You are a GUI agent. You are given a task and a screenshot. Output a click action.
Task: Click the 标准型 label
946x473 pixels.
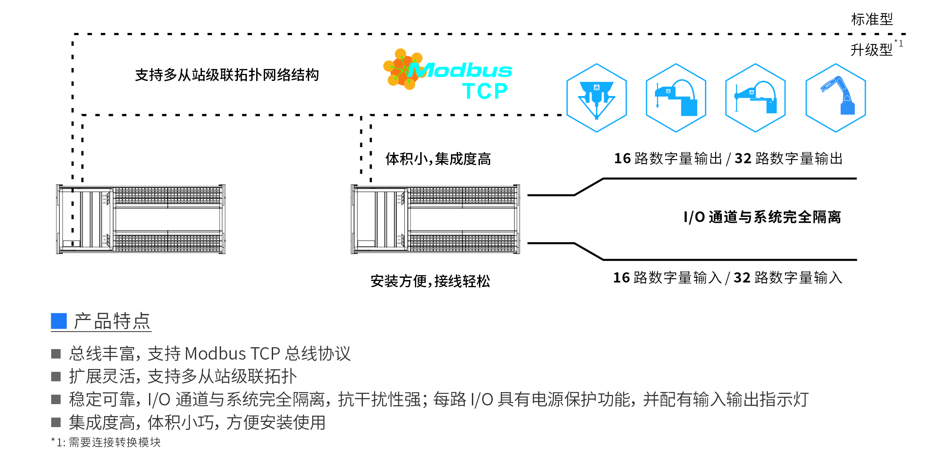tap(871, 20)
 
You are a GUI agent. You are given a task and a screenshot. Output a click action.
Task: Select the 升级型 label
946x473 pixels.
tap(871, 50)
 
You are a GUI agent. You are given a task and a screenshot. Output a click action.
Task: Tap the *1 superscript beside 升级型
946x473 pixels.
tap(899, 44)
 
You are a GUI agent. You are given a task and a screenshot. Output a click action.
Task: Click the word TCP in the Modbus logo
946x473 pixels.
tap(485, 92)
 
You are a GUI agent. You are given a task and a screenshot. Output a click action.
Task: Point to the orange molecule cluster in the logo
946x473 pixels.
tap(402, 69)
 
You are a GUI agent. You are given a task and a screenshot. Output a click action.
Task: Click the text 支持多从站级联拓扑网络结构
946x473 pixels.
tap(227, 75)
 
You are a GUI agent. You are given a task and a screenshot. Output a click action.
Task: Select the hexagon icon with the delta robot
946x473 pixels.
tap(596, 98)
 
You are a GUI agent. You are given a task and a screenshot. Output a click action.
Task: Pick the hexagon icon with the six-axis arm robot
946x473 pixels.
tap(835, 98)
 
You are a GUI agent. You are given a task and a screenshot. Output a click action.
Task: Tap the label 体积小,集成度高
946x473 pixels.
tap(438, 159)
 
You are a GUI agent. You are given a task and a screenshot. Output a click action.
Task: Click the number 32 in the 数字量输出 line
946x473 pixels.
tap(743, 159)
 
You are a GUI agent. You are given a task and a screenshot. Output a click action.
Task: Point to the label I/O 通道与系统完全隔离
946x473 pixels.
tap(762, 217)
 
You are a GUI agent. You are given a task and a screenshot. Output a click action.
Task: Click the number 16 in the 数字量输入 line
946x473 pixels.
tap(621, 278)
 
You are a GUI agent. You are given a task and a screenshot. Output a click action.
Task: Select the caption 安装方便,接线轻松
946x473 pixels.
tap(430, 281)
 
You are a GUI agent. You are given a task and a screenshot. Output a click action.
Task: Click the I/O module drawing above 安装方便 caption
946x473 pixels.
tap(435, 219)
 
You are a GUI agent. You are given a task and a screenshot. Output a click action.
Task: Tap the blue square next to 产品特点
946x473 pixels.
tap(59, 321)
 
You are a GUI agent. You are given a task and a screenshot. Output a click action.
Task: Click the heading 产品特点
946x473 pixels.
tap(112, 321)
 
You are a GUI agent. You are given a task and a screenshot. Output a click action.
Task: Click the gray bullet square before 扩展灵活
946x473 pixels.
tap(56, 377)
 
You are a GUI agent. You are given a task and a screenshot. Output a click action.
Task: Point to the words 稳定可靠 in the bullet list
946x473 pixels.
tap(102, 400)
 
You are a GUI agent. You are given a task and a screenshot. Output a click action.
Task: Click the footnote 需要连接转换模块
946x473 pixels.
tap(114, 442)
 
